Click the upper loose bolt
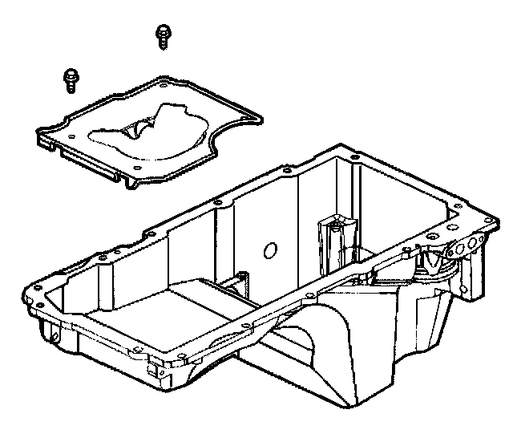(x=164, y=35)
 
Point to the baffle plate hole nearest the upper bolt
(x=164, y=83)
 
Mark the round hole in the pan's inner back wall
(x=270, y=250)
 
